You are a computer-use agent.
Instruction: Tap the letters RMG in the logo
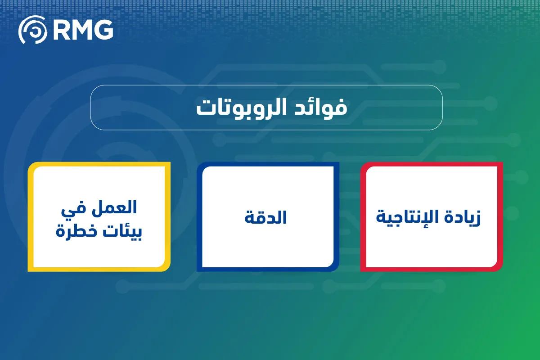pyautogui.click(x=82, y=30)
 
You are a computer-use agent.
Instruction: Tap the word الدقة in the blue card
pyautogui.click(x=266, y=218)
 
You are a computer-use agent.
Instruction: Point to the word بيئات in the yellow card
pyautogui.click(x=127, y=232)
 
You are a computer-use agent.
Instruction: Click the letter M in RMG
pyautogui.click(x=82, y=30)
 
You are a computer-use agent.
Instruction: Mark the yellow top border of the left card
pyautogui.click(x=99, y=164)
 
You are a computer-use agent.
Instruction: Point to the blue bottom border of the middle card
pyautogui.click(x=268, y=269)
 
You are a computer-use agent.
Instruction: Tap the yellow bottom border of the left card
pyautogui.click(x=99, y=269)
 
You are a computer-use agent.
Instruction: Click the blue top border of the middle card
pyautogui.click(x=268, y=164)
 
